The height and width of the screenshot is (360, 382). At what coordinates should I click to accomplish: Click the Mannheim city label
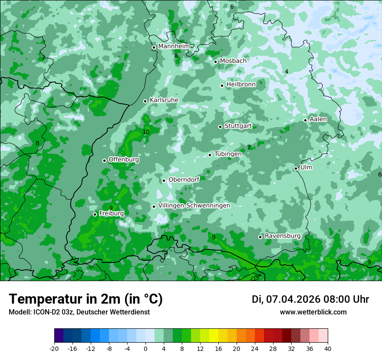tap(174, 46)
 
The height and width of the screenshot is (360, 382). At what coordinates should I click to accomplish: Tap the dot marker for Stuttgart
tap(220, 127)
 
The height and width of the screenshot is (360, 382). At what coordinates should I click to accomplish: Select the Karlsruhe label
tap(164, 100)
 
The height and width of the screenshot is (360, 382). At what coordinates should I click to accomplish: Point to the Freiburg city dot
tap(95, 214)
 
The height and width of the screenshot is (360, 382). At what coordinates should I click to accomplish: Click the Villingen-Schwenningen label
tap(194, 206)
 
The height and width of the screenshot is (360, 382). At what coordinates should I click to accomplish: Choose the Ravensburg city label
tap(282, 236)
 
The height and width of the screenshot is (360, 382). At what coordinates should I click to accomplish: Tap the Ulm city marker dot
tap(296, 168)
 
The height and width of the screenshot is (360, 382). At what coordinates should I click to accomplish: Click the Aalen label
tap(318, 119)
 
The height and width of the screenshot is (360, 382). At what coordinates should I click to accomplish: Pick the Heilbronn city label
tap(241, 85)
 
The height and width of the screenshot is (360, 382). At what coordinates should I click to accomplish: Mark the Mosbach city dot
tap(215, 62)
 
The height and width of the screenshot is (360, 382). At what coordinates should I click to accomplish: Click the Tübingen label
tap(228, 154)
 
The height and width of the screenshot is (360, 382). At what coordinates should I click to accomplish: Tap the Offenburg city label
tap(124, 160)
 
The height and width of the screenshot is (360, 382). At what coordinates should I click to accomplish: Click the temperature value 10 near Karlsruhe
tap(146, 132)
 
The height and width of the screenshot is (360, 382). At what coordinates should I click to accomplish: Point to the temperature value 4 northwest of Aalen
tap(286, 72)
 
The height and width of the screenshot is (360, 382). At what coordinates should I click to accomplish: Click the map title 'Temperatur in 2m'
tap(86, 299)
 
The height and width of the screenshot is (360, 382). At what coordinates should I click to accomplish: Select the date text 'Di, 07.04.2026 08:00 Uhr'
tap(310, 299)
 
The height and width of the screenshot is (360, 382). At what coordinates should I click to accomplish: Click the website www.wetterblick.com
tap(313, 312)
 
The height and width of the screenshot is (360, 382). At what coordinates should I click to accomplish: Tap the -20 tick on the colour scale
tap(54, 348)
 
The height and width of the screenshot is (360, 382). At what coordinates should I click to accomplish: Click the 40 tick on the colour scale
tap(327, 348)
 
